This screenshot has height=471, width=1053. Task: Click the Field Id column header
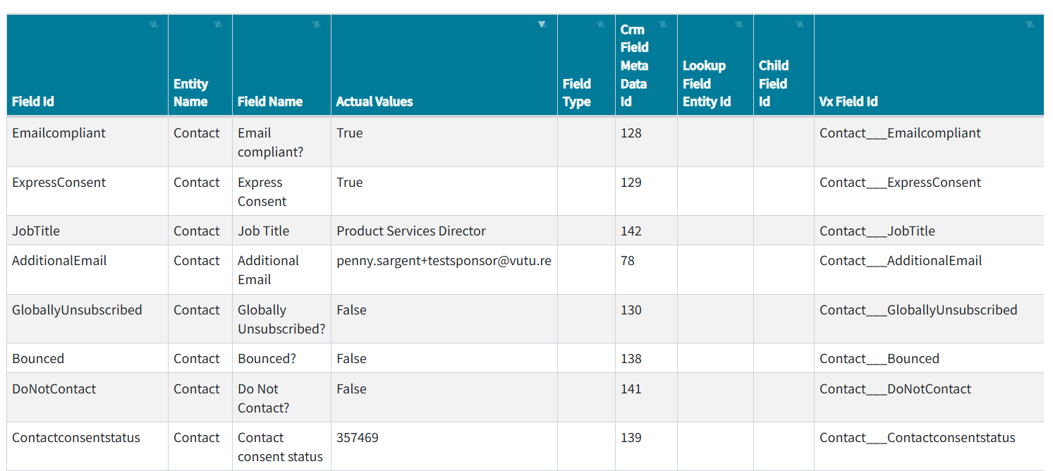point(33,102)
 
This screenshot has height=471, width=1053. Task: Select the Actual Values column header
point(375,102)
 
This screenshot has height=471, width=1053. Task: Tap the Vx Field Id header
point(848,102)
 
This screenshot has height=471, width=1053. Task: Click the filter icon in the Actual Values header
point(542,25)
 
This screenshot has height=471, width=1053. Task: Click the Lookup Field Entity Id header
point(707,84)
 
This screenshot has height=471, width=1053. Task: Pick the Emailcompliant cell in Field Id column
point(59,133)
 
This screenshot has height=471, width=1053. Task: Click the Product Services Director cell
point(411,231)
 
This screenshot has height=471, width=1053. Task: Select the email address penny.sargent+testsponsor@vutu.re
point(444,261)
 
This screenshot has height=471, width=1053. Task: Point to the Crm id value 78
point(628,261)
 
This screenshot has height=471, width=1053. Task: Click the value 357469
point(358,438)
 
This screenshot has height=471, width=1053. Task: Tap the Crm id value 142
point(631,231)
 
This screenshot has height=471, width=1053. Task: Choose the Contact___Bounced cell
point(879,359)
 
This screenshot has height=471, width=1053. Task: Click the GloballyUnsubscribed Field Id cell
point(77,310)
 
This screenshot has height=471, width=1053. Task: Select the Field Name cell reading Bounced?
point(267,359)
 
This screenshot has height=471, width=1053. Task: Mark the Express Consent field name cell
point(262,192)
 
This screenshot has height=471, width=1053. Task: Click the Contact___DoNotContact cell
point(895,389)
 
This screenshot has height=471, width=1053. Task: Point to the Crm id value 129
point(631,183)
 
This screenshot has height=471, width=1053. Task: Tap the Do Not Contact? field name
point(263,398)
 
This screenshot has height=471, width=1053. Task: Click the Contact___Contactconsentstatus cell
point(917,438)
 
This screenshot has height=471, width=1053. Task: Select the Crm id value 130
point(631,310)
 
